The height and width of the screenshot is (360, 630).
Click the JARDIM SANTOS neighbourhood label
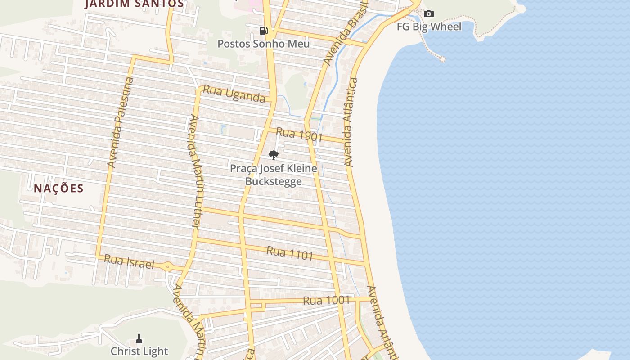[134, 4]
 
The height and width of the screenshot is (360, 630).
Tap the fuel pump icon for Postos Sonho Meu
[264, 31]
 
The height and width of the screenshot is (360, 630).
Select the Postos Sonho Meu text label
[264, 44]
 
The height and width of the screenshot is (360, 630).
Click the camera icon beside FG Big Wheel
[429, 14]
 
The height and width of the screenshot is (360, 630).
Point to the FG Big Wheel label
[429, 27]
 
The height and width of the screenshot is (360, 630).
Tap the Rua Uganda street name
[234, 94]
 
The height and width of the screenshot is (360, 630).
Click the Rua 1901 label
[299, 134]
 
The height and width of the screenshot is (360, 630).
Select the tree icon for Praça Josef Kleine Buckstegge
[273, 155]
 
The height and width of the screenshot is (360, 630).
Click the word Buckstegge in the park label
[273, 181]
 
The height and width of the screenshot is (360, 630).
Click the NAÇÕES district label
[58, 188]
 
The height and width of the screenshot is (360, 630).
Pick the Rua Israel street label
[129, 261]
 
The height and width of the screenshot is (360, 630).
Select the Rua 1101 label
[290, 253]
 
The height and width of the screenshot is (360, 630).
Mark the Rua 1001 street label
[326, 300]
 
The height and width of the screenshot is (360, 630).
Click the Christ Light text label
[139, 351]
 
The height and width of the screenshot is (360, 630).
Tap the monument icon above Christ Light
[139, 338]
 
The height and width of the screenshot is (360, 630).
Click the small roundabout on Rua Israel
[168, 267]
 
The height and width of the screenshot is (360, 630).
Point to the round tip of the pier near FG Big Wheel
[442, 59]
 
